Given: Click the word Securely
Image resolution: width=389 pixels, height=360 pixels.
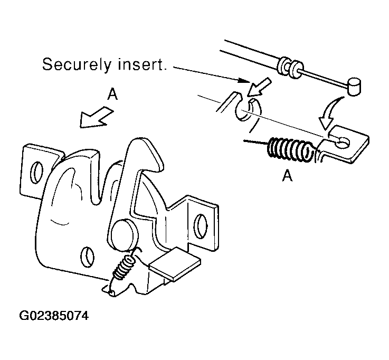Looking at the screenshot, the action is click(x=77, y=64).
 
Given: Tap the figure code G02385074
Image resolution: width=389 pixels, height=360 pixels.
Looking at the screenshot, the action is click(x=54, y=316).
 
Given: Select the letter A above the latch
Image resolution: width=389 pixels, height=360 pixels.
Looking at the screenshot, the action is click(x=112, y=94).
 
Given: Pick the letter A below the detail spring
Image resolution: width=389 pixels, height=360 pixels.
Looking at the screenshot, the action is click(x=287, y=176).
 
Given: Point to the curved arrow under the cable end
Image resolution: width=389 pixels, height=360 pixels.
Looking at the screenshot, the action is click(x=329, y=113).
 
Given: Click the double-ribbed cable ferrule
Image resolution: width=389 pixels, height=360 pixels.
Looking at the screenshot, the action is click(x=290, y=67).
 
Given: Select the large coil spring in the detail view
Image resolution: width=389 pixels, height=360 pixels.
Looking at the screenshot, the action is click(x=290, y=150).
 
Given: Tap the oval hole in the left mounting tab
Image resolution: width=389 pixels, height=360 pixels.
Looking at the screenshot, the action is click(x=36, y=173).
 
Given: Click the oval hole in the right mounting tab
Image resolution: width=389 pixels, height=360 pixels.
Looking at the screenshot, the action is click(x=201, y=226).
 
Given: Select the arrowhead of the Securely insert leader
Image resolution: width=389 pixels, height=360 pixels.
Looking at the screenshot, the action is click(x=244, y=81).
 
